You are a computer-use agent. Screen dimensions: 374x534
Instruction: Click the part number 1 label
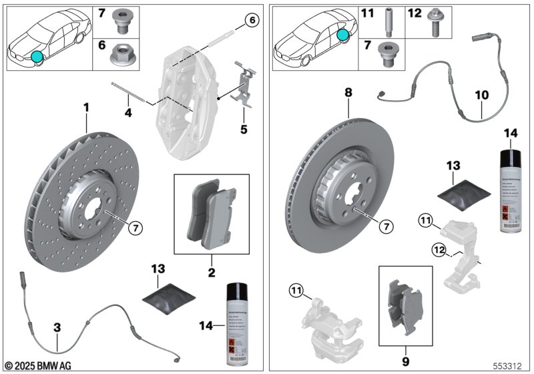(85, 107)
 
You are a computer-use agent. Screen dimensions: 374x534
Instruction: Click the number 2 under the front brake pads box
(211, 272)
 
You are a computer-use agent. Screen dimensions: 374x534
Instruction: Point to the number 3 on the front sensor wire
(57, 328)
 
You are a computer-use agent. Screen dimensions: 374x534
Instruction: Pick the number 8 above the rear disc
(348, 94)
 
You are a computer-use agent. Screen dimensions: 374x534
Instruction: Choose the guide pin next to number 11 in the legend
(388, 19)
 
